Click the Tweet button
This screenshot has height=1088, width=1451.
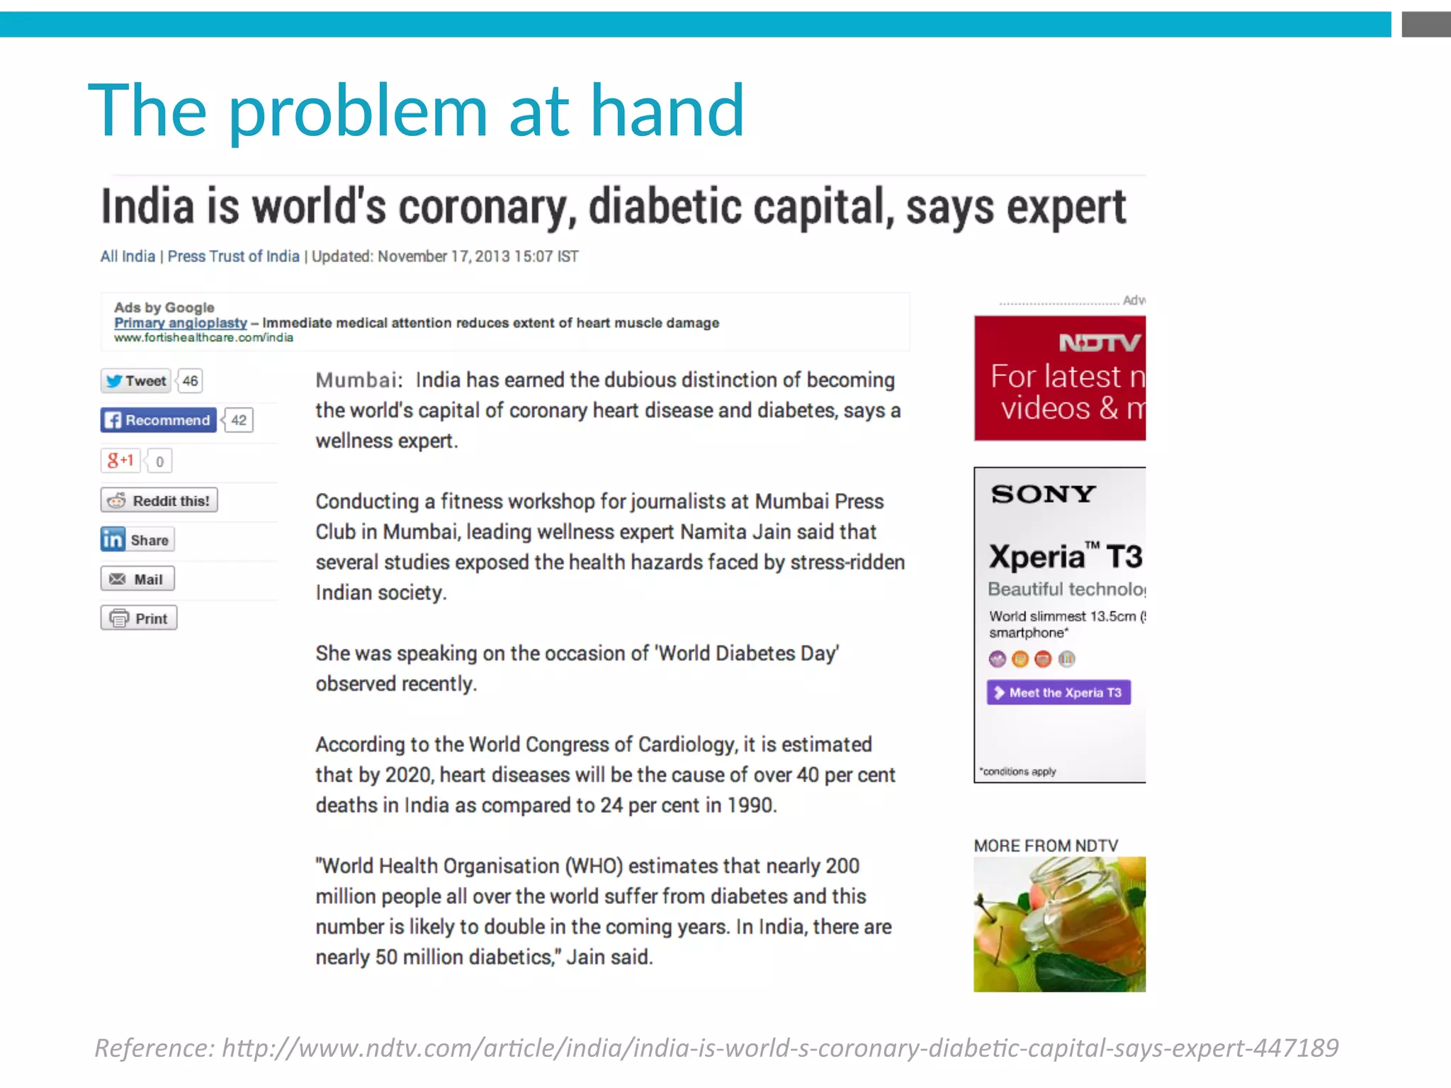point(136,381)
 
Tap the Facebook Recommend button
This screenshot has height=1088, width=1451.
point(159,420)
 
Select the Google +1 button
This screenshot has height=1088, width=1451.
point(120,460)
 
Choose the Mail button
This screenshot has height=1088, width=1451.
point(137,579)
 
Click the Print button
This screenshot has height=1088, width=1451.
point(139,618)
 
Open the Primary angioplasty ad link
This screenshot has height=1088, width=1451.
point(181,323)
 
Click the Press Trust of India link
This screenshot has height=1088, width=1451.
point(233,256)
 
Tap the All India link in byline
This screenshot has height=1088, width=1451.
point(128,256)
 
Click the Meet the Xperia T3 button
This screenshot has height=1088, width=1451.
point(1058,693)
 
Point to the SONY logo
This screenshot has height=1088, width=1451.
point(1043,494)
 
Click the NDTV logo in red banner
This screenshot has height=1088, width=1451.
point(1099,344)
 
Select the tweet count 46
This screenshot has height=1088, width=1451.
point(190,381)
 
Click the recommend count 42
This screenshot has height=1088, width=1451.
point(239,420)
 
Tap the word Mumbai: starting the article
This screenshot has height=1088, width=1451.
point(358,380)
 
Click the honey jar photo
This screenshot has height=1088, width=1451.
point(1059,924)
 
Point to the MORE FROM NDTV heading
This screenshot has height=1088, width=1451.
point(1046,846)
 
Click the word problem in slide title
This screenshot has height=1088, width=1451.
point(358,111)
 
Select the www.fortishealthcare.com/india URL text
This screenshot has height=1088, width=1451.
point(203,338)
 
